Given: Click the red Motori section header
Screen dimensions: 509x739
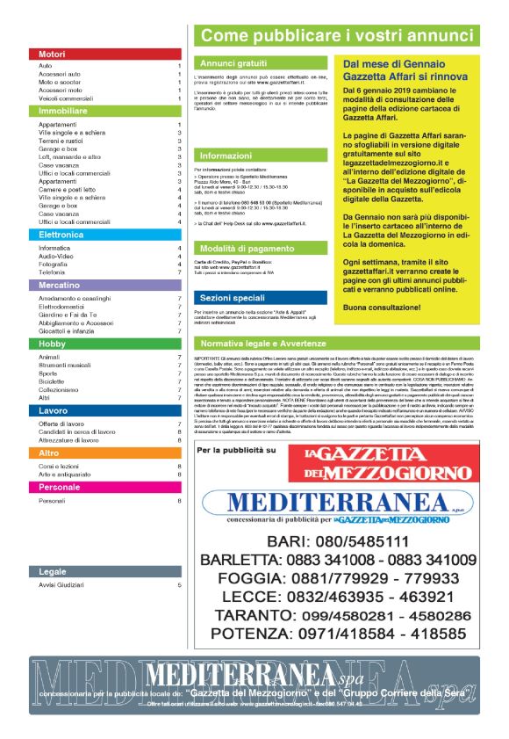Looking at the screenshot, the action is click(105, 54).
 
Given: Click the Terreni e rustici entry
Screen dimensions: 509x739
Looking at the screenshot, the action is click(61, 141).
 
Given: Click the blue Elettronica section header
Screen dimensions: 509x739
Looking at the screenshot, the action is click(105, 235).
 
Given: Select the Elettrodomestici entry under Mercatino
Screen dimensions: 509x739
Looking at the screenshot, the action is click(66, 308).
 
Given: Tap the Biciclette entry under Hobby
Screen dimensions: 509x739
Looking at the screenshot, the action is click(54, 382).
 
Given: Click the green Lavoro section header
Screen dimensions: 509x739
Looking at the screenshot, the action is click(105, 410).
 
